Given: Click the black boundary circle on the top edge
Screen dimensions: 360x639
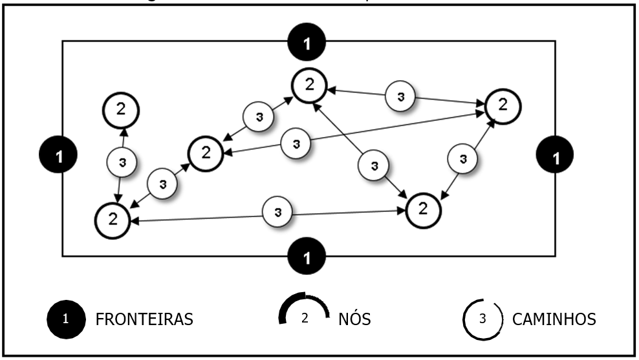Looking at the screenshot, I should click(x=308, y=43).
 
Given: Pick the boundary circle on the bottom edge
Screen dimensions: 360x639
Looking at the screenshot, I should click(x=308, y=257).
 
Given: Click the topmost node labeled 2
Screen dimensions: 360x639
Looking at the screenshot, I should click(x=310, y=85).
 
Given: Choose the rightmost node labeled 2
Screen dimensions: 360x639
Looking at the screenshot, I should click(x=502, y=104).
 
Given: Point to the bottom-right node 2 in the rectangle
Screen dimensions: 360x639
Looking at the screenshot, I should click(x=424, y=209).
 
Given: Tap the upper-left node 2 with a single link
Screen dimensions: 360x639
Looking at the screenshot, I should click(x=121, y=110).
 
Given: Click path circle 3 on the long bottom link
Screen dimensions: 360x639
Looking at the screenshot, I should click(x=278, y=211).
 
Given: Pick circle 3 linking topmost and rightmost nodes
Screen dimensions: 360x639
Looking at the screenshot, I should click(x=402, y=96).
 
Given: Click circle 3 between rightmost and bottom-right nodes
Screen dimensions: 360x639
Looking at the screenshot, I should click(x=462, y=158).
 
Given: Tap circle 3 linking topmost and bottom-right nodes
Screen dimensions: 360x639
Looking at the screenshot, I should click(x=374, y=166).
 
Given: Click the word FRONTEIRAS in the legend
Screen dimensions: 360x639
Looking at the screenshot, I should click(x=144, y=319).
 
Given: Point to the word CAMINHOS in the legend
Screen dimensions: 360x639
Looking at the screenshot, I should click(x=554, y=319).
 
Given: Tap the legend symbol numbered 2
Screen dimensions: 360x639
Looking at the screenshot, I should click(x=304, y=317).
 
